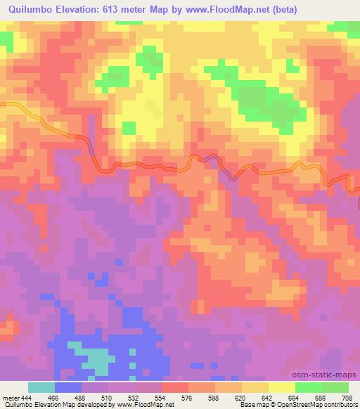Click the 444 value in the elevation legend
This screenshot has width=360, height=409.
click(x=27, y=397)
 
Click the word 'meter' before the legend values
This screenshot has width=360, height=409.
click(x=10, y=397)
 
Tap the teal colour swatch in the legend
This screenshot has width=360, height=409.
click(x=41, y=387)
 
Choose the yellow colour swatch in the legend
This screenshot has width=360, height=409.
click(x=281, y=387)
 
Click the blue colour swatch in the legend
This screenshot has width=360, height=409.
click(x=68, y=387)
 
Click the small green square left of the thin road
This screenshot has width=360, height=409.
click(x=129, y=127)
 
